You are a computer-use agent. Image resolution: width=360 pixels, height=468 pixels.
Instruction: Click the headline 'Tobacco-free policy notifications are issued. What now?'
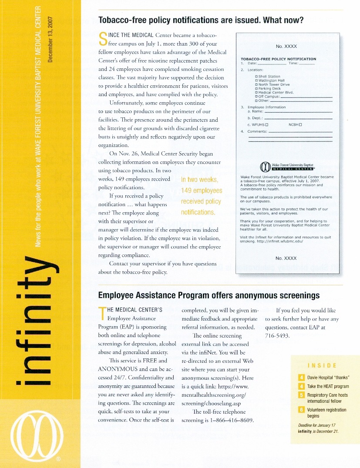201,20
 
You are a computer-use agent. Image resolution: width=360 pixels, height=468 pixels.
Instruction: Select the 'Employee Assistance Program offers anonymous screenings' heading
209,296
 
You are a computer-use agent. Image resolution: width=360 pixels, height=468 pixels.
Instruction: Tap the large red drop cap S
103,38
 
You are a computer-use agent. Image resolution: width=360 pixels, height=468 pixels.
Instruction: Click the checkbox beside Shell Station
256,77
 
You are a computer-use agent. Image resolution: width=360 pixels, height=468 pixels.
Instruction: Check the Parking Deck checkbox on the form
256,88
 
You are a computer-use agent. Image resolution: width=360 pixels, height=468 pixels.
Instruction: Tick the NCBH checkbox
301,125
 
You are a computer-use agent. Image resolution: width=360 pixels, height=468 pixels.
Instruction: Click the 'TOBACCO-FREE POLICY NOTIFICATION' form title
278,59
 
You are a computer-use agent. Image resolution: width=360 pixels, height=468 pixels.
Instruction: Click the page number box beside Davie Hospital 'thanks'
301,378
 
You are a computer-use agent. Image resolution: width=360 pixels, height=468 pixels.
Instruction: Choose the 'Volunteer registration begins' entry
326,413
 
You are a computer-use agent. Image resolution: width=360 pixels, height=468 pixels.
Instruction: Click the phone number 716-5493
277,335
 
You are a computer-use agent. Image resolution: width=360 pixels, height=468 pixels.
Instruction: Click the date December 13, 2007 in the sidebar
51,38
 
